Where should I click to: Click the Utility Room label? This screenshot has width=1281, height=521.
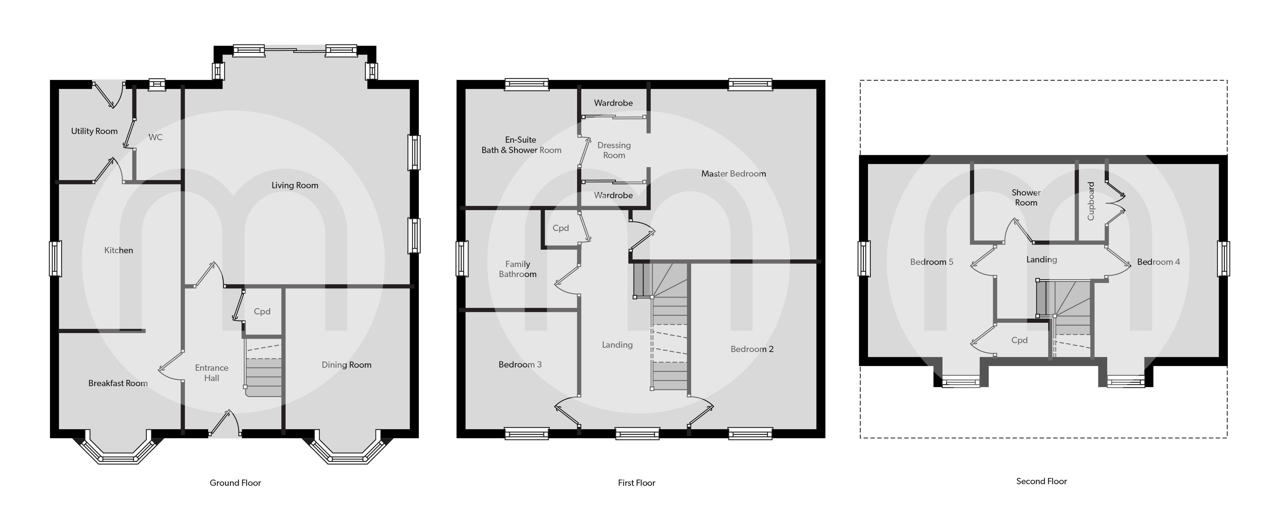95,131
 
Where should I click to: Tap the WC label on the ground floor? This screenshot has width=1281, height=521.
156,137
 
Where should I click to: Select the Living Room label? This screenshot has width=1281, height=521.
295,185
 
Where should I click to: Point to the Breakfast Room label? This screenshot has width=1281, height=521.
118,383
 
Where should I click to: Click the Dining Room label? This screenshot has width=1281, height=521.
347,365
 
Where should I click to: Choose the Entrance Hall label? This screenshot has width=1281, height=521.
212,373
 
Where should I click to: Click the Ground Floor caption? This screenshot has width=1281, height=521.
235,483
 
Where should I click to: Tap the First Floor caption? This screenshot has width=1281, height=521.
636,483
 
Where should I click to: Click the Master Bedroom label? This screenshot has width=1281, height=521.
733,174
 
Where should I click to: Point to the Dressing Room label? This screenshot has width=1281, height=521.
614,150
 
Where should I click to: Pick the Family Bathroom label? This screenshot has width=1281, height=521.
518,269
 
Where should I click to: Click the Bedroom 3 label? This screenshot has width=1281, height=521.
520,364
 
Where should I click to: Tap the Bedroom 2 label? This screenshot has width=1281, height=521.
752,349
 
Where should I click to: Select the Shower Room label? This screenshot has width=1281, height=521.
1026,197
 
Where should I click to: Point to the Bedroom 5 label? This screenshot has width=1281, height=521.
931,262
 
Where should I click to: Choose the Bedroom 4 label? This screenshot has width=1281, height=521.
1158,262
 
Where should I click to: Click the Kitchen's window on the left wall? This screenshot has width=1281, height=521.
55,259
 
